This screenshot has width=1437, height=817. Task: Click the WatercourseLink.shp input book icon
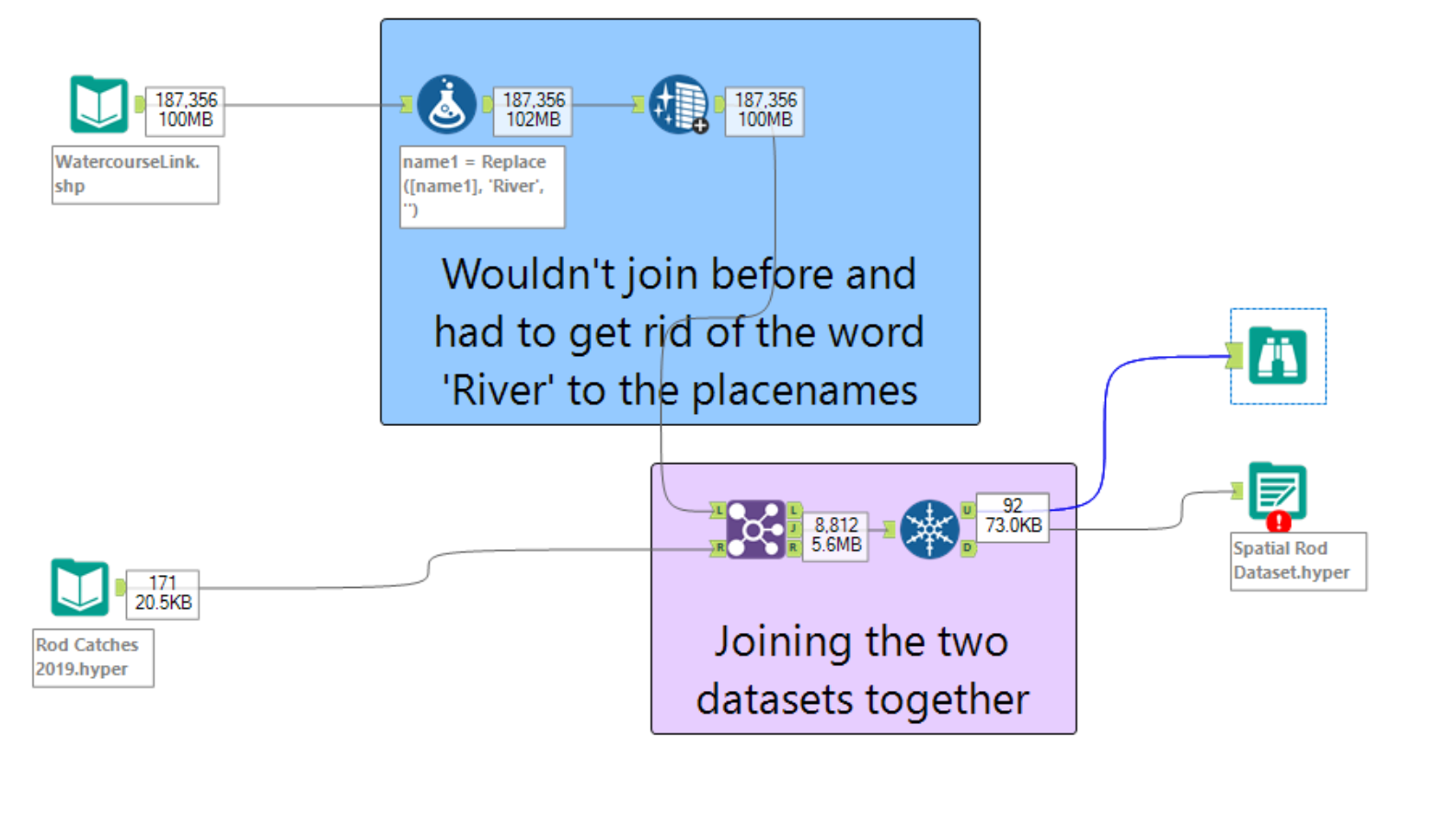pos(98,104)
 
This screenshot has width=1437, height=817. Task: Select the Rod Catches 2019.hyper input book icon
pos(79,587)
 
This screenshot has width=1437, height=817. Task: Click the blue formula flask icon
pos(446,104)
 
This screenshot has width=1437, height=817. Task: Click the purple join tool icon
pos(755,529)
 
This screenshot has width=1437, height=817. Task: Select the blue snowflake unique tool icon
pos(929,529)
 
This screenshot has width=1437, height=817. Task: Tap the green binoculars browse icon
pos(1277,356)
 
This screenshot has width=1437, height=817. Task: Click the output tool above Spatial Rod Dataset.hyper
pos(1277,490)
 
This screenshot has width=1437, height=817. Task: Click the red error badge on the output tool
pos(1278,523)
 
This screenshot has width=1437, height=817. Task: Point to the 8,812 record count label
pos(835,525)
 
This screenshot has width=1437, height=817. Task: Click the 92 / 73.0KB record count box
pos(1013,516)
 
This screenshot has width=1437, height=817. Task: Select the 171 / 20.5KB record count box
pos(163,593)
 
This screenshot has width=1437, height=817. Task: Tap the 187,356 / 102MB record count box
pos(533,109)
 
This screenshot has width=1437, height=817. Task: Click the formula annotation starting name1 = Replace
pos(482,186)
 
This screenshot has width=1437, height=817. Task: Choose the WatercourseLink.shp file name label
pos(134,174)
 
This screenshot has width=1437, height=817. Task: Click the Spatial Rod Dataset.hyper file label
pos(1297,560)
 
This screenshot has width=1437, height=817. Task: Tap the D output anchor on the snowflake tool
pos(968,548)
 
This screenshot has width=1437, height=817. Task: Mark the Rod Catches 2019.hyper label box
pos(92,657)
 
